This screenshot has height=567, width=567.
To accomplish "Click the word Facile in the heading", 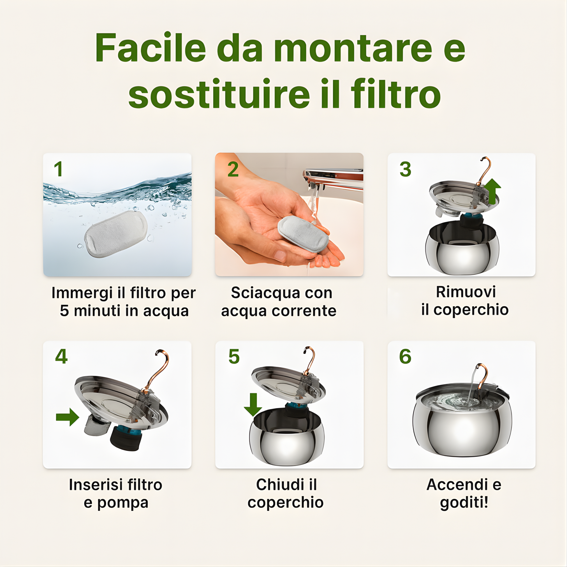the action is tap(150, 48).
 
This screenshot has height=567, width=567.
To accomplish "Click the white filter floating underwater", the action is tap(116, 234).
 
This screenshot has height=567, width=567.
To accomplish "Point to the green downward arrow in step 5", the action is tap(253, 405).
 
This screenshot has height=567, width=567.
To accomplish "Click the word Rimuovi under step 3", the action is tap(466, 292).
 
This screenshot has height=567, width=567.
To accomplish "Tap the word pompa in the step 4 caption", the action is tap(123, 503).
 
